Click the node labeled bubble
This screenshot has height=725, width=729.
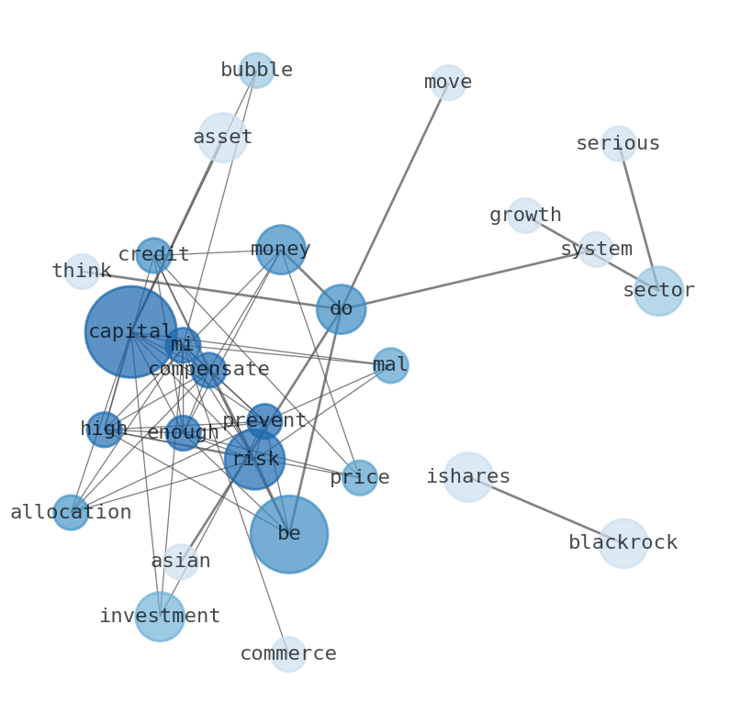[x=256, y=71]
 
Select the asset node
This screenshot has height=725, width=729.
[x=222, y=138]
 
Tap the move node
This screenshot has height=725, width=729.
[x=448, y=83]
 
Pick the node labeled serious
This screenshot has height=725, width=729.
[x=619, y=144]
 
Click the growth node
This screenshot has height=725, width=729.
[x=525, y=216]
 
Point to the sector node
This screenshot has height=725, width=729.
[x=658, y=291]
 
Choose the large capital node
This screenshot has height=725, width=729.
[x=130, y=331]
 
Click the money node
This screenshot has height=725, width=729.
[x=281, y=250]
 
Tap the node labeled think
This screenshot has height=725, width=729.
[x=82, y=272]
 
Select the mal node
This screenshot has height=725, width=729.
[x=390, y=365]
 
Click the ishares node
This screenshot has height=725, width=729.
[x=468, y=477]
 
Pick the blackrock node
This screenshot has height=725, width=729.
[x=623, y=543]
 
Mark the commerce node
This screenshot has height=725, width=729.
[x=288, y=654]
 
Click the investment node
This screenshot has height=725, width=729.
[x=160, y=617]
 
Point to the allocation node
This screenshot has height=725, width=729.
[x=71, y=512]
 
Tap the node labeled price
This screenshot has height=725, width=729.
[x=360, y=477]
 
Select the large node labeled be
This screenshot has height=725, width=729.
[x=289, y=534]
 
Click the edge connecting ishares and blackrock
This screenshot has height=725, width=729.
[x=545, y=510]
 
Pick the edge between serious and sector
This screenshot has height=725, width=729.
[x=639, y=217]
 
